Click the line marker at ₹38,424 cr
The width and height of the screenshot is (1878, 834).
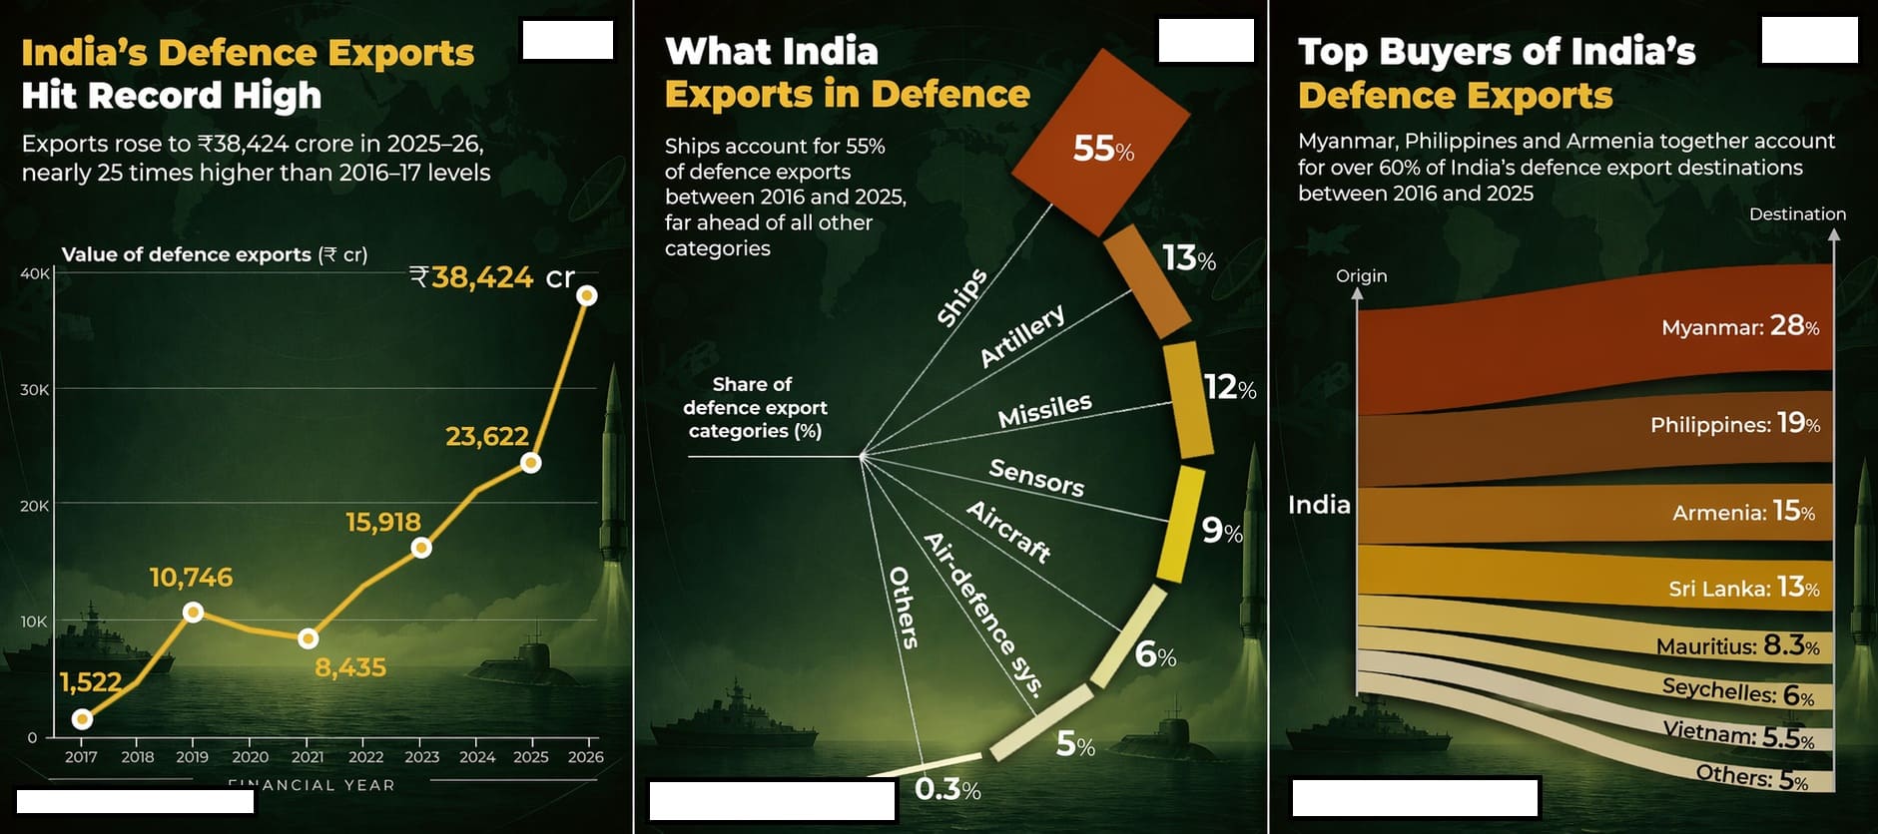(x=587, y=295)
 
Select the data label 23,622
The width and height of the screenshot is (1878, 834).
(x=486, y=436)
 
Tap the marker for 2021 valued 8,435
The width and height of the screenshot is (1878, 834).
(x=309, y=638)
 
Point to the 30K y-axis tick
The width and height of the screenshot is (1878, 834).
(x=34, y=390)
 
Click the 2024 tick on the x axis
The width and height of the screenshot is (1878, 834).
(x=477, y=757)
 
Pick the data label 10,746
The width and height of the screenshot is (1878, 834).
(x=191, y=578)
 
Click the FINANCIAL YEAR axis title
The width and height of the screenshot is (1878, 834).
(x=312, y=785)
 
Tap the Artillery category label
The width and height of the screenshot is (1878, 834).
(x=1021, y=337)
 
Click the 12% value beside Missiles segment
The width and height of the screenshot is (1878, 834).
(x=1229, y=387)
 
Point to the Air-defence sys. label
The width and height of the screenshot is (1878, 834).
(x=982, y=614)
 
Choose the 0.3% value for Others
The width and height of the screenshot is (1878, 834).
(x=946, y=790)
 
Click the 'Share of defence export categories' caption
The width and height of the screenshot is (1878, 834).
(x=755, y=407)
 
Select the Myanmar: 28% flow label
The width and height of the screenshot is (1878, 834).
(x=1739, y=326)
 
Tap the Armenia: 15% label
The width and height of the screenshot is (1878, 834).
(x=1743, y=512)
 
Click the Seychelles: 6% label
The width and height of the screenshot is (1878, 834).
(x=1737, y=691)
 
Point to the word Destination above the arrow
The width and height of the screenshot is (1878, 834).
(x=1797, y=213)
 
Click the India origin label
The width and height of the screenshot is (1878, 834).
(x=1319, y=505)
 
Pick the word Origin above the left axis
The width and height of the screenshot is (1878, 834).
(x=1361, y=275)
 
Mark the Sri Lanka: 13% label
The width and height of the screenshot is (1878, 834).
(x=1743, y=588)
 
